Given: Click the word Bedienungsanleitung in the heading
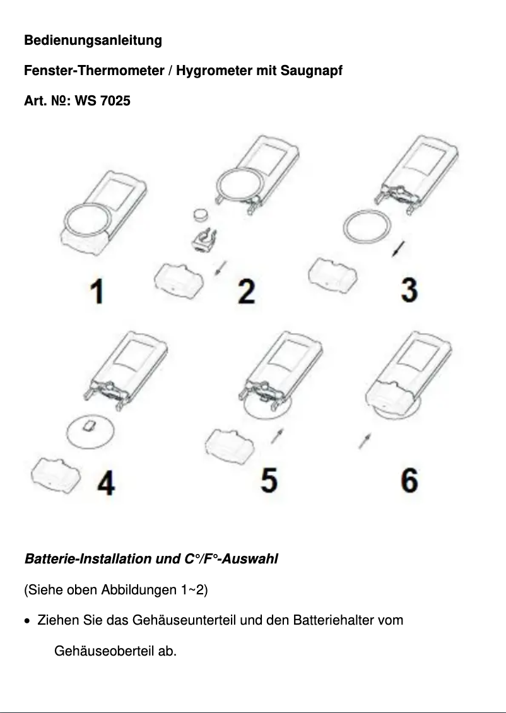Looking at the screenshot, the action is point(93,40).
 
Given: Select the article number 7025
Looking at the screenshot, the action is point(115,100).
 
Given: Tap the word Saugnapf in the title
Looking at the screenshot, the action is point(312,71).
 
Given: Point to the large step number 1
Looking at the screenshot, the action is point(97,292).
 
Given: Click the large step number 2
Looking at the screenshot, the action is point(247,292).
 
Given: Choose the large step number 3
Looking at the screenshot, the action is point(409,290).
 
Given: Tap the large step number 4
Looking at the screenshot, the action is point(106,483).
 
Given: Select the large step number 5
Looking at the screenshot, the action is point(269,480).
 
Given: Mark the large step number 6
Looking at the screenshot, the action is point(409,480).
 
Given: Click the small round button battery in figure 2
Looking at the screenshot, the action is point(201,214).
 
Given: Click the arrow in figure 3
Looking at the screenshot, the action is point(398,248).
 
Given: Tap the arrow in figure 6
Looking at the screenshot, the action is point(365,441).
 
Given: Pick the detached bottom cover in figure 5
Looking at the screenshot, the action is point(229,446).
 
